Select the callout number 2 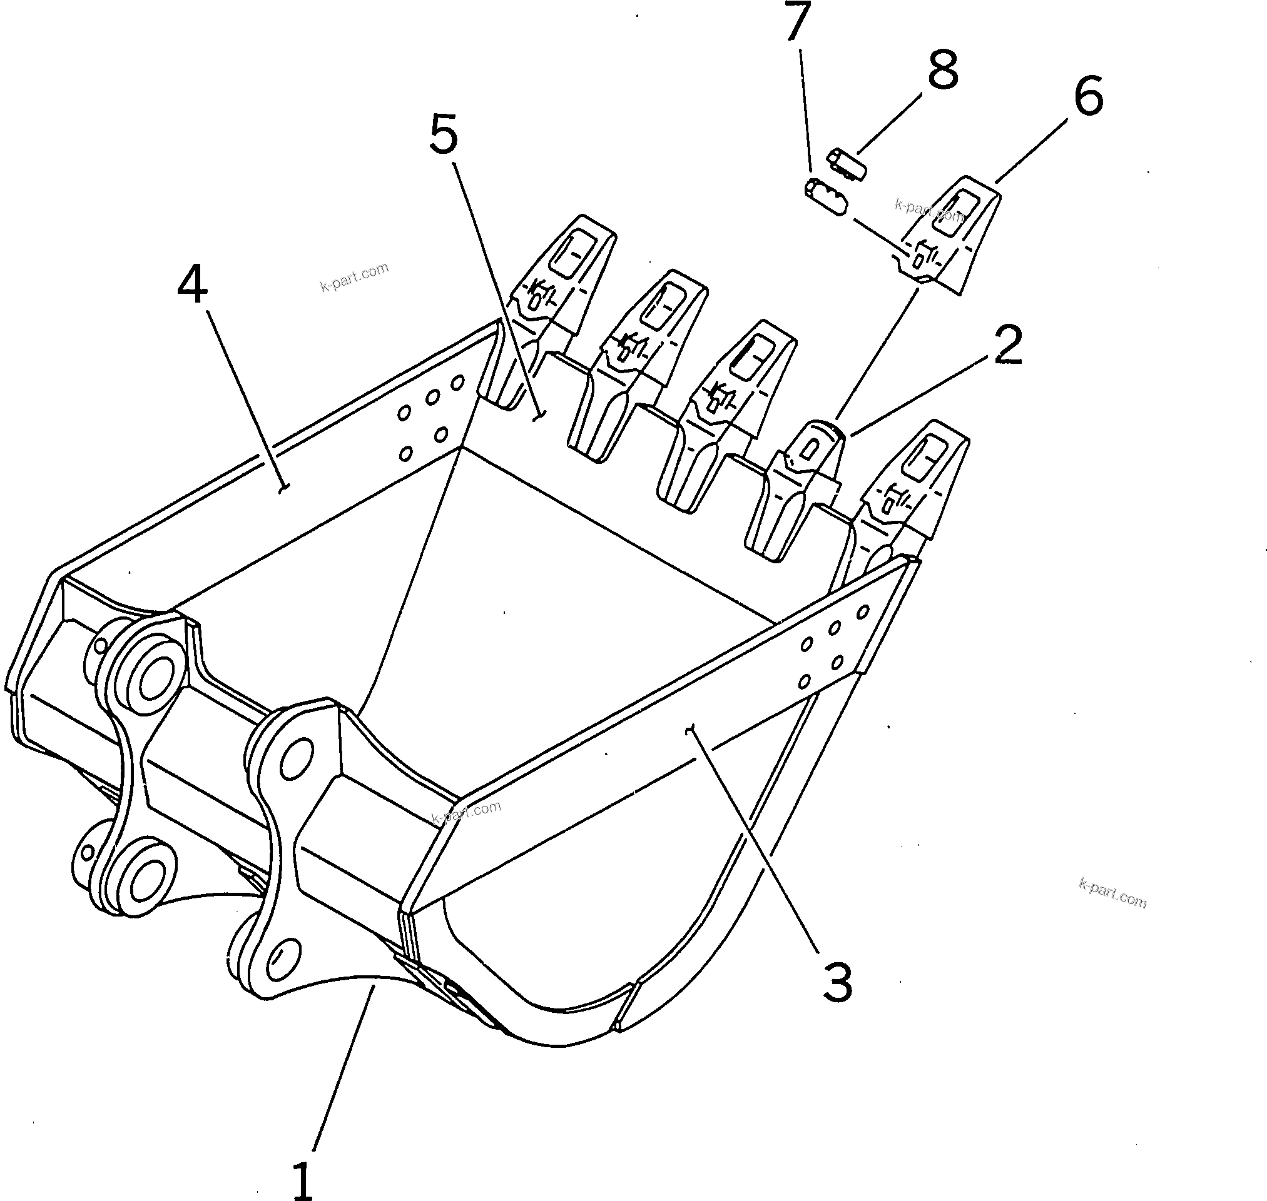(1007, 346)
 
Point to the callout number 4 (192, 285)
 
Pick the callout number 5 (444, 135)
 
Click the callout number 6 (1088, 97)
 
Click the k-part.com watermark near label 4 (354, 276)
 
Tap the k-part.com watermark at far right (1112, 893)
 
